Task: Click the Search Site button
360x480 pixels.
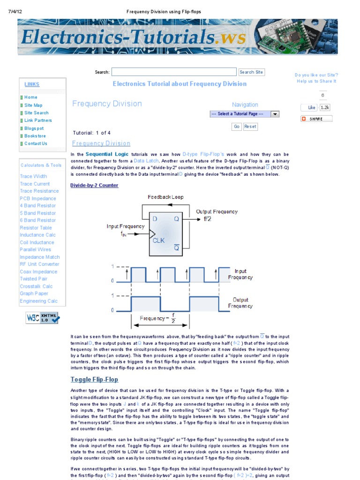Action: pyautogui.click(x=251, y=72)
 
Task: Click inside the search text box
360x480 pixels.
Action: pyautogui.click(x=174, y=72)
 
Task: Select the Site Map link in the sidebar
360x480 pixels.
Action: pyautogui.click(x=33, y=105)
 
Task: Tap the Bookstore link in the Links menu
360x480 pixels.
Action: pyautogui.click(x=35, y=136)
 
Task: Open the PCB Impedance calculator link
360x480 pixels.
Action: pyautogui.click(x=38, y=198)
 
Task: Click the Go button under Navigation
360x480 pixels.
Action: pyautogui.click(x=236, y=127)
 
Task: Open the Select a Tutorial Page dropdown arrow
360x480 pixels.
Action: pyautogui.click(x=275, y=114)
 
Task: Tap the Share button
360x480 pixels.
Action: pyautogui.click(x=316, y=119)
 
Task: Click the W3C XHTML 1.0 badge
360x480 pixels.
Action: pyautogui.click(x=43, y=318)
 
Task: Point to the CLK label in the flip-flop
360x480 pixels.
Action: pyautogui.click(x=158, y=240)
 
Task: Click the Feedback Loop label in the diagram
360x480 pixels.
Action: pyautogui.click(x=166, y=197)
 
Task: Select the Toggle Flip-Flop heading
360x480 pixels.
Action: pyautogui.click(x=94, y=379)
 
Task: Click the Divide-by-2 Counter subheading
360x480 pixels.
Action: pyautogui.click(x=94, y=185)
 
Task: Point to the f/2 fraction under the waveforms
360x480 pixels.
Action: pyautogui.click(x=173, y=318)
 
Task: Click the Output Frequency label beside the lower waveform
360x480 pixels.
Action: pyautogui.click(x=240, y=303)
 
